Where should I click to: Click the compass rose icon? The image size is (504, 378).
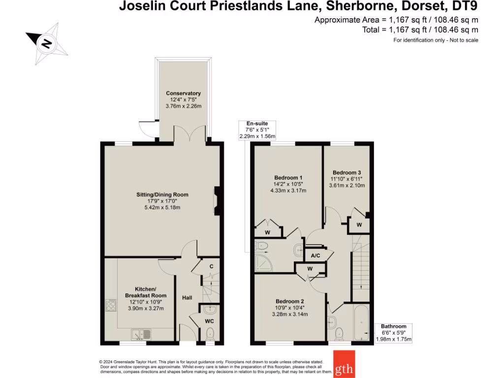click(47, 44)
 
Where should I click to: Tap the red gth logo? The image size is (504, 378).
click(344, 364)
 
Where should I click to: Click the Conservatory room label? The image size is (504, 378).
click(183, 94)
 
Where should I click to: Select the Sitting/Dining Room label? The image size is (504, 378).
click(162, 195)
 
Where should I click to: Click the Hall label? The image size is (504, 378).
click(187, 298)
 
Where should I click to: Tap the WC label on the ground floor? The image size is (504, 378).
click(209, 321)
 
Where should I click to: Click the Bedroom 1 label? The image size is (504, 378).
click(288, 178)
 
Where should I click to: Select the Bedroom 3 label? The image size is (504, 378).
click(346, 172)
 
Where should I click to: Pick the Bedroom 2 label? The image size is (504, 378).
click(289, 301)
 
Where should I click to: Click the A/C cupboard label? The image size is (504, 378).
click(315, 256)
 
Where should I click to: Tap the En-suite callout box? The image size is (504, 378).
click(257, 130)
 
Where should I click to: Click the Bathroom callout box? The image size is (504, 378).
click(394, 333)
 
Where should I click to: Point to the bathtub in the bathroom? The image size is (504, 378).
click(362, 323)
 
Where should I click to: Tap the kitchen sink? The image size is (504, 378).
click(142, 335)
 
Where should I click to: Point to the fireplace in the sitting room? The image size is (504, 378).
click(218, 201)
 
